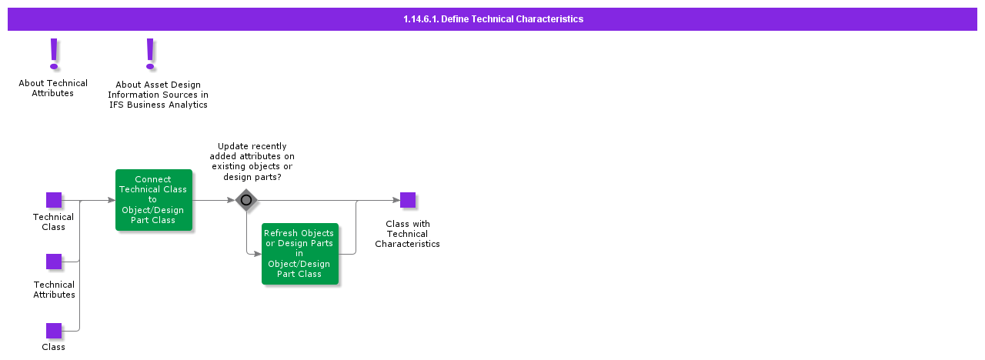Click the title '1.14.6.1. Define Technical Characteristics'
tap(492, 19)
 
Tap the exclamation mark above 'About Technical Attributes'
tap(54, 54)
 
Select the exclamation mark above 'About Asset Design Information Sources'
tap(150, 54)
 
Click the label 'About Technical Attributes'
tap(53, 88)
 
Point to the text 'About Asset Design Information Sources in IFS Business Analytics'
tap(158, 95)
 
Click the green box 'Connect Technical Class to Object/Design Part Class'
tap(153, 200)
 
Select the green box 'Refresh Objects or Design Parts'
tap(299, 254)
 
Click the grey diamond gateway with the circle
tap(246, 200)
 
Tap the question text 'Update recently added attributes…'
tap(252, 162)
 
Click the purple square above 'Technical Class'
tap(54, 200)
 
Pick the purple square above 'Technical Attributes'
tap(54, 262)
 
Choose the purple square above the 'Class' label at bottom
tap(54, 331)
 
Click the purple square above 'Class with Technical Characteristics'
tap(408, 200)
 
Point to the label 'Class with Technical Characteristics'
tap(407, 234)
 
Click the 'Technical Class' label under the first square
tap(53, 222)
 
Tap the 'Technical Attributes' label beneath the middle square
tap(54, 289)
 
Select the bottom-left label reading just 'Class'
tap(53, 347)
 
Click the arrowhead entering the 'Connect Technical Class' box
tap(112, 200)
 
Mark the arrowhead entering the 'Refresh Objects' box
tap(258, 254)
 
